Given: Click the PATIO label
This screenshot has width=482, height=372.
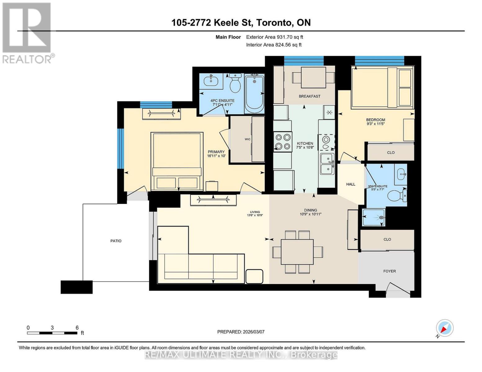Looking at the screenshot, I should click(116, 241).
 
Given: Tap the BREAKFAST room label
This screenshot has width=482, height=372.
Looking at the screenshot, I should click(309, 96).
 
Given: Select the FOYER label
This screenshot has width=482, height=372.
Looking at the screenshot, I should click(389, 271).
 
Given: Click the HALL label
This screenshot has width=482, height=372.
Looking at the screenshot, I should click(350, 184).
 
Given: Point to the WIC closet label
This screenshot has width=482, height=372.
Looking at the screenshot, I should click(248, 139).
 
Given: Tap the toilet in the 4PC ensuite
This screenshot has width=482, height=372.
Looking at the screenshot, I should click(235, 83).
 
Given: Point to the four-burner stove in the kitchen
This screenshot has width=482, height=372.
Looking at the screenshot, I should click(283, 142).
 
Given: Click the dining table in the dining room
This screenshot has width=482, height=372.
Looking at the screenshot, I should click(297, 252).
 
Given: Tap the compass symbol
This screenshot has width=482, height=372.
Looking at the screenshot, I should click(444, 328).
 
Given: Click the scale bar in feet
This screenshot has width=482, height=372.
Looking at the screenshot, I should click(52, 333).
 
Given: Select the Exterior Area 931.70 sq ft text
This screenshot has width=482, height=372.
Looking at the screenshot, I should click(274, 37).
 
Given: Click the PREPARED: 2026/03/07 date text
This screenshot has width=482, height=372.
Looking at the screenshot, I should click(241, 332).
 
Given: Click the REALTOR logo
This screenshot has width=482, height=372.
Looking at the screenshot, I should click(27, 33).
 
